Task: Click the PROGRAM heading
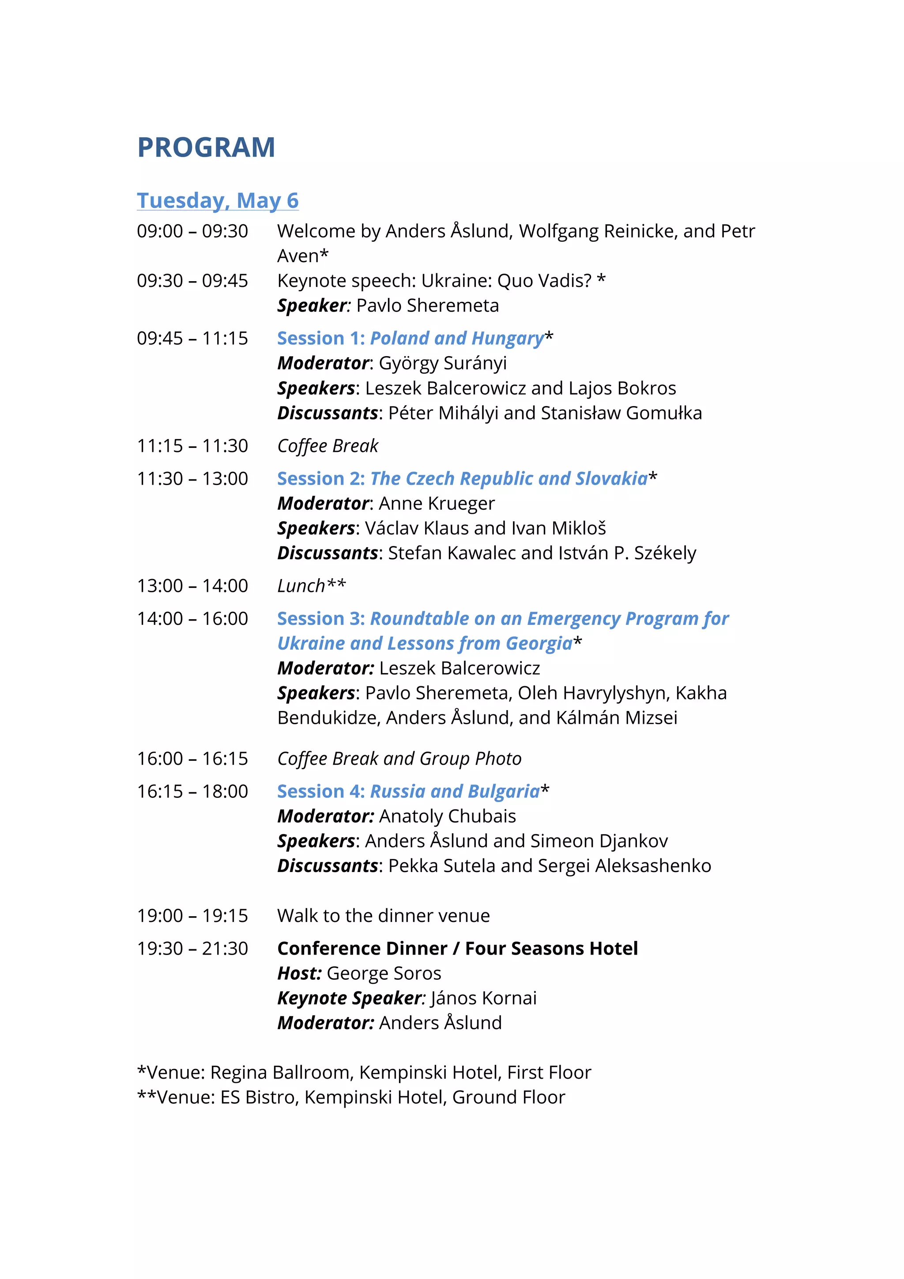click(x=206, y=147)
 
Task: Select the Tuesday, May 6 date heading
click(x=218, y=200)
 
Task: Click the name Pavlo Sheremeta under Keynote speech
click(x=427, y=306)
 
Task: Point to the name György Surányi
click(x=443, y=363)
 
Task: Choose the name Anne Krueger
click(x=437, y=504)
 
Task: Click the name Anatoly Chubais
click(x=447, y=816)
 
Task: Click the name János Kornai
click(x=483, y=998)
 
